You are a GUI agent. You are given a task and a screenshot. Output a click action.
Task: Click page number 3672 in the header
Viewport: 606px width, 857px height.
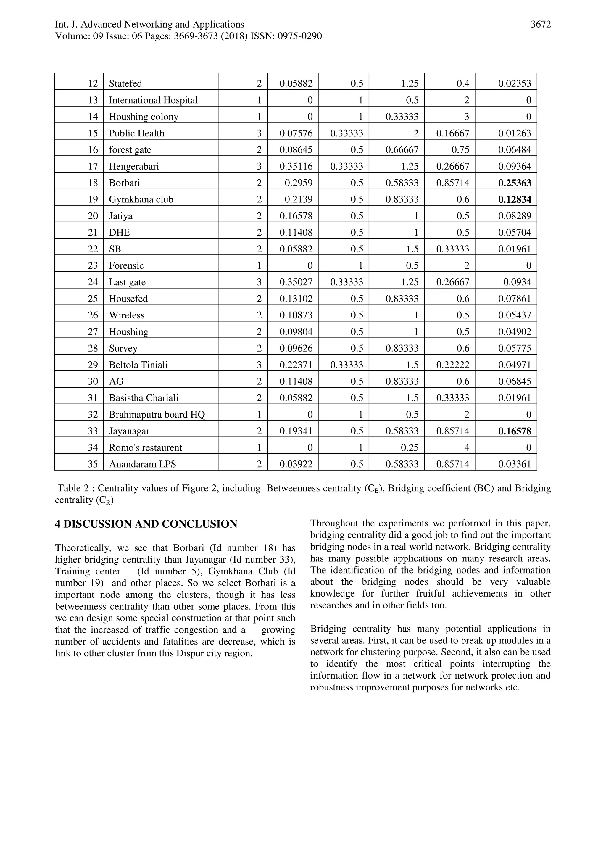pyautogui.click(x=540, y=25)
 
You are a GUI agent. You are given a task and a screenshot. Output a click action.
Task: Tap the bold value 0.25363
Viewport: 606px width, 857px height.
pyautogui.click(x=515, y=183)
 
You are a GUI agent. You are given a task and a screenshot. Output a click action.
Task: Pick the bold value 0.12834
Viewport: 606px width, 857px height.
pyautogui.click(x=515, y=199)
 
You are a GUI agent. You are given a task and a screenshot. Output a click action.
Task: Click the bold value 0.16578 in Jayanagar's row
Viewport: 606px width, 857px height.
pyautogui.click(x=515, y=431)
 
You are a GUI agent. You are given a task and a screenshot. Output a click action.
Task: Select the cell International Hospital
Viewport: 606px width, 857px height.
pyautogui.click(x=153, y=100)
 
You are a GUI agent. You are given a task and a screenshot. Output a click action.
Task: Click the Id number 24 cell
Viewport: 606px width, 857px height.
pyautogui.click(x=93, y=282)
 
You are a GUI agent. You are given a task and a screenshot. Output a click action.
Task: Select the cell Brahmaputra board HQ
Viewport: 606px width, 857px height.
pyautogui.click(x=157, y=415)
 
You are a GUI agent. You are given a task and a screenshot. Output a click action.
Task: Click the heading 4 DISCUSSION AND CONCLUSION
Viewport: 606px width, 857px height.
pyautogui.click(x=146, y=524)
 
